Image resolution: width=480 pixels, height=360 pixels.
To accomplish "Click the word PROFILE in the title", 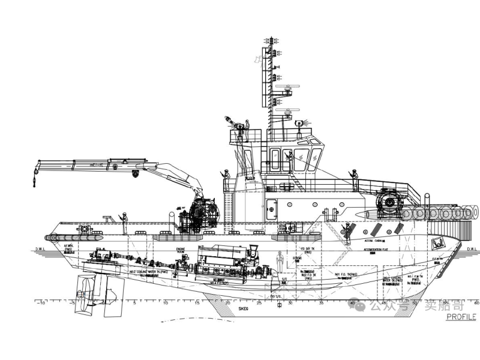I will point(461,317).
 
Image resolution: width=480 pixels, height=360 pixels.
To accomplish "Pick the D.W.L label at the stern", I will point(41,248).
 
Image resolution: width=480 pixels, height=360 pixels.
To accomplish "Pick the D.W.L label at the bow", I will point(471,248).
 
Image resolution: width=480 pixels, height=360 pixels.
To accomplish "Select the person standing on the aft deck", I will point(124,222).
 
